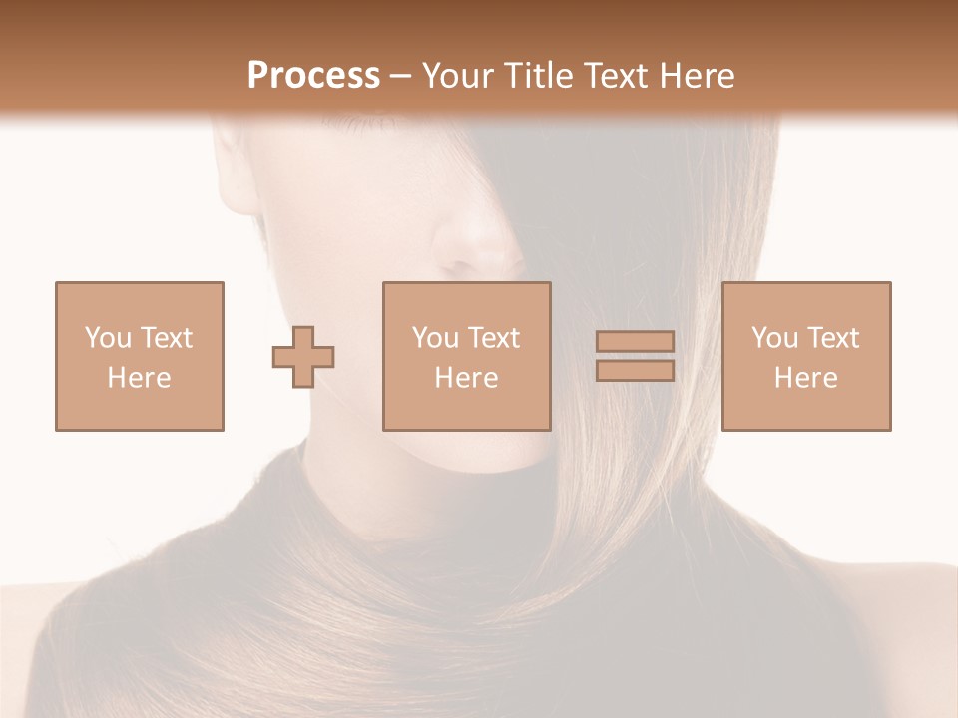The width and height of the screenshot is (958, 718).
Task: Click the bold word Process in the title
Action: pos(313,76)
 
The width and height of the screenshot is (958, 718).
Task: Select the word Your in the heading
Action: pos(456,76)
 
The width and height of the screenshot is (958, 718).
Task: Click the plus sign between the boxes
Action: pos(303,357)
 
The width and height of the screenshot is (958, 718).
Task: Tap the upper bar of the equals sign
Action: pos(635,341)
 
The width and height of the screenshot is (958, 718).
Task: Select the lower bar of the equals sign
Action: pos(635,371)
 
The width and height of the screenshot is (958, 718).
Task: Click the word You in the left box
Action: pos(108,338)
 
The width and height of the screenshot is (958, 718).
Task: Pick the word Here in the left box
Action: pos(139,378)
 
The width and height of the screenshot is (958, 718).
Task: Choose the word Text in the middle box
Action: pos(493,338)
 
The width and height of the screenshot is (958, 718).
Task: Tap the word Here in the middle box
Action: pos(466,378)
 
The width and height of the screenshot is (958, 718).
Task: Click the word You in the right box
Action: pos(774,338)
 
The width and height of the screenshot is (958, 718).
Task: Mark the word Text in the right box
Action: pos(832,338)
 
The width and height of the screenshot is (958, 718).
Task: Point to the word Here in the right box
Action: pos(805,378)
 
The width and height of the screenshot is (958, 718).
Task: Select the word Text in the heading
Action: pos(610,76)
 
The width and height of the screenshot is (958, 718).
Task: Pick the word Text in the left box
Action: pos(166,338)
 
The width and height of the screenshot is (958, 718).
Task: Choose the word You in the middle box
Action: pos(435,338)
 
